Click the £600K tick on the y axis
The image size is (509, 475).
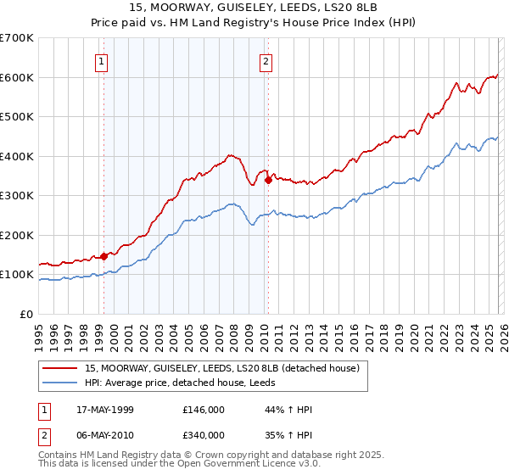pos(17,77)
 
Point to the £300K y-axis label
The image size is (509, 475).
pos(17,195)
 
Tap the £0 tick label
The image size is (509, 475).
pos(27,314)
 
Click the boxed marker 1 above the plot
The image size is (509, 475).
pos(102,60)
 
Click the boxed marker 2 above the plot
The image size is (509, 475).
pos(266,60)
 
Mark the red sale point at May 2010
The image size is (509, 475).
pos(268,180)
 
